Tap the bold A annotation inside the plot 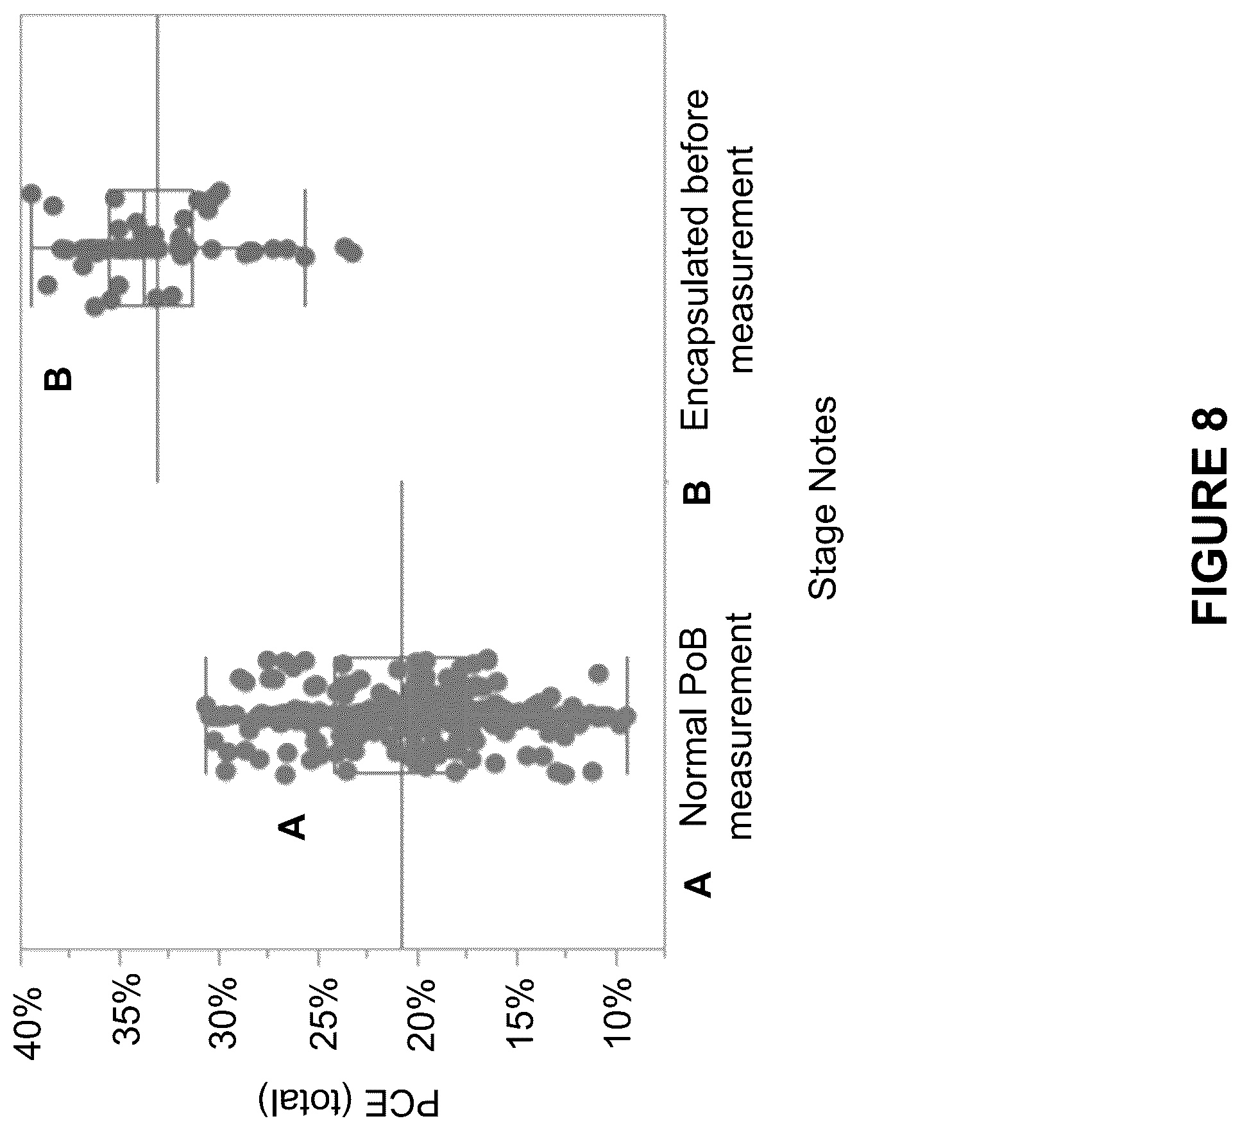click(x=293, y=826)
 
